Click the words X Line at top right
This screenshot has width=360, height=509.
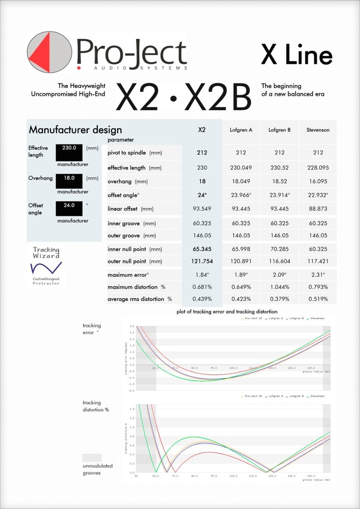[296, 55]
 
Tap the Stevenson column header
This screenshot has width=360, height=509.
[318, 130]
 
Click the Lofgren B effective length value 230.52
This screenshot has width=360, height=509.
[279, 167]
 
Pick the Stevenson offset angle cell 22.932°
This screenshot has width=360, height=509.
[318, 195]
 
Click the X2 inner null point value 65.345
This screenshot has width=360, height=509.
[202, 249]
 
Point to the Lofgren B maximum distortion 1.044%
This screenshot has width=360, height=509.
[279, 287]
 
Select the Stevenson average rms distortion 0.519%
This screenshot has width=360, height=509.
[318, 299]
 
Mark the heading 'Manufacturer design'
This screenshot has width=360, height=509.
[75, 130]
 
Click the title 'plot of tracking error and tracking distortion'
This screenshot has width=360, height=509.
[227, 311]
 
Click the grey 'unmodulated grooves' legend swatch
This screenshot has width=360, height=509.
[92, 458]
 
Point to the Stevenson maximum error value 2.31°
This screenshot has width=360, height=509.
[318, 275]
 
